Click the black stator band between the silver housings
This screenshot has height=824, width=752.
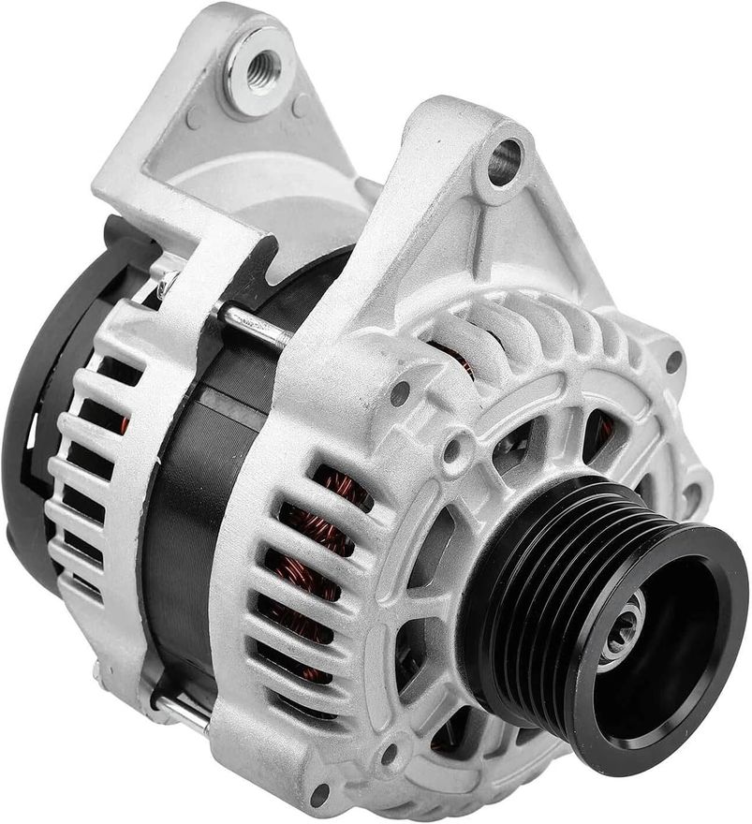[192, 524]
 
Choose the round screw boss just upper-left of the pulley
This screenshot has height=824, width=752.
[455, 451]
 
